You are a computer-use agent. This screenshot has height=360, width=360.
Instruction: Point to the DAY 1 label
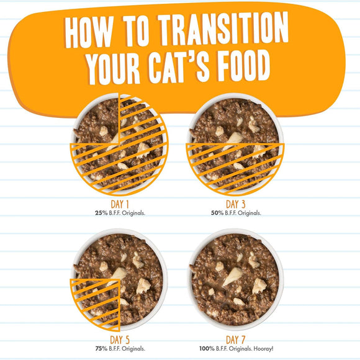[118, 204]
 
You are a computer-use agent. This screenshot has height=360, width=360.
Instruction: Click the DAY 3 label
[236, 204]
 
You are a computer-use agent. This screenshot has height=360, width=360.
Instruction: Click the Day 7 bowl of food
[236, 279]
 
